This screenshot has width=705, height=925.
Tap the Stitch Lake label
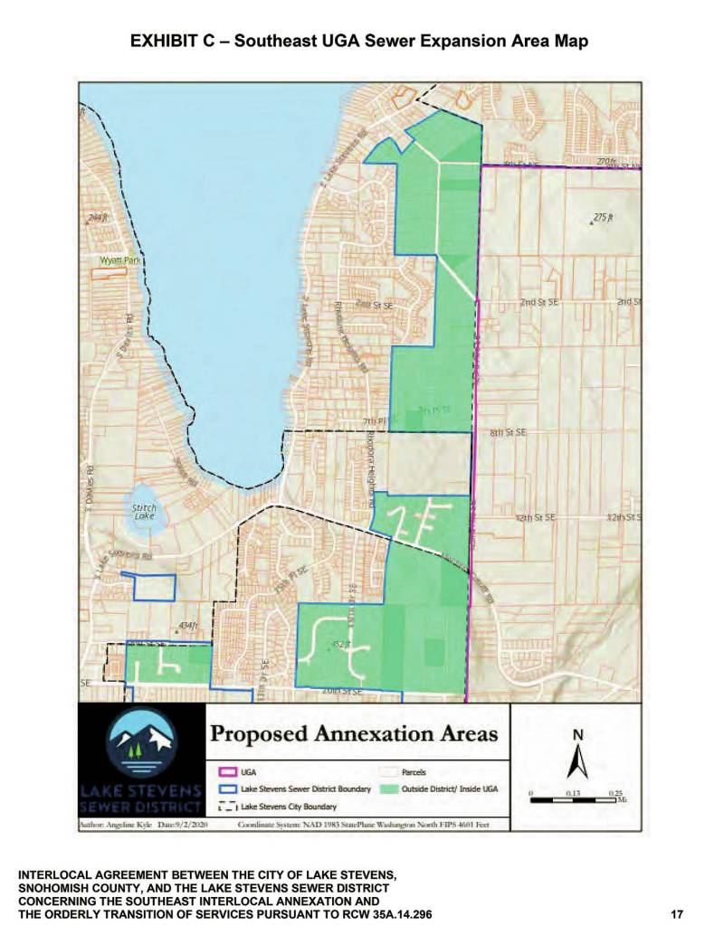click(144, 512)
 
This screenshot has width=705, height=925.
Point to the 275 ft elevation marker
click(603, 218)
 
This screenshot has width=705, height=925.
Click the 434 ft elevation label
click(187, 625)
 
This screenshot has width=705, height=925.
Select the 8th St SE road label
click(508, 433)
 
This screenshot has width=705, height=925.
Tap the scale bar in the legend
click(576, 800)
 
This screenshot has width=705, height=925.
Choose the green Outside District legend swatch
click(388, 789)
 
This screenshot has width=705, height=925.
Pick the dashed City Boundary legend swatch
click(227, 806)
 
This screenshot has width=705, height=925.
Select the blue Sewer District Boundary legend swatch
click(227, 789)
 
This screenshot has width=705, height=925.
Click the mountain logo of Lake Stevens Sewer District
click(143, 741)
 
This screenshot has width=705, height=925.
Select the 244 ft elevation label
click(98, 219)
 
